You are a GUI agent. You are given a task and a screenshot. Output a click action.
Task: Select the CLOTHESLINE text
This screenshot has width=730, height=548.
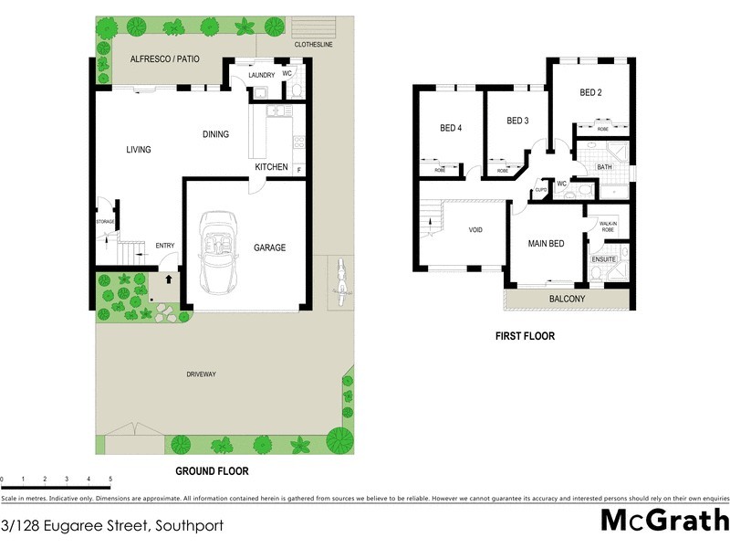[x=313, y=45]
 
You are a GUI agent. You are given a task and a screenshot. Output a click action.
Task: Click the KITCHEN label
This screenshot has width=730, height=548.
[x=271, y=167]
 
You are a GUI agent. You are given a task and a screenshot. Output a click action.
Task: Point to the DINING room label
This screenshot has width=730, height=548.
[x=215, y=134]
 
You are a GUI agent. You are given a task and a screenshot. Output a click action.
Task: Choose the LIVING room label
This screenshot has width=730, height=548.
[x=139, y=150]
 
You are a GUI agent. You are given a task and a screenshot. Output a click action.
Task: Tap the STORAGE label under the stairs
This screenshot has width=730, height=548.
[x=104, y=222]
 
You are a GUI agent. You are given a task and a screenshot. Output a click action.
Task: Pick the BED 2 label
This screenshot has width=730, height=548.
[x=590, y=92]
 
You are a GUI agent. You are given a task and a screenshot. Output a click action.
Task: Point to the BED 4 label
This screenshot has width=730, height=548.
[x=451, y=128]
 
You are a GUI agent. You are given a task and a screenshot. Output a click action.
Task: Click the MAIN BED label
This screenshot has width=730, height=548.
[x=547, y=244]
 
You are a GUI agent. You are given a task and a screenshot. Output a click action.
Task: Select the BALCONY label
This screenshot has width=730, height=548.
[x=567, y=300]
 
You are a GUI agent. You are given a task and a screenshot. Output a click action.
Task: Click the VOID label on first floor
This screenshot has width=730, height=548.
[x=475, y=230]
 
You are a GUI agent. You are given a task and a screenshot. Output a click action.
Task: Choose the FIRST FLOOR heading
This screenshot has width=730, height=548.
[x=525, y=336]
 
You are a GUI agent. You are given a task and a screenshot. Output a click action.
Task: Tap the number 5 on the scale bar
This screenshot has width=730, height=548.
[x=110, y=479]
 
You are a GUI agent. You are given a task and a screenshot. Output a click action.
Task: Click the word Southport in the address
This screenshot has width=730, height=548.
[x=189, y=526]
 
